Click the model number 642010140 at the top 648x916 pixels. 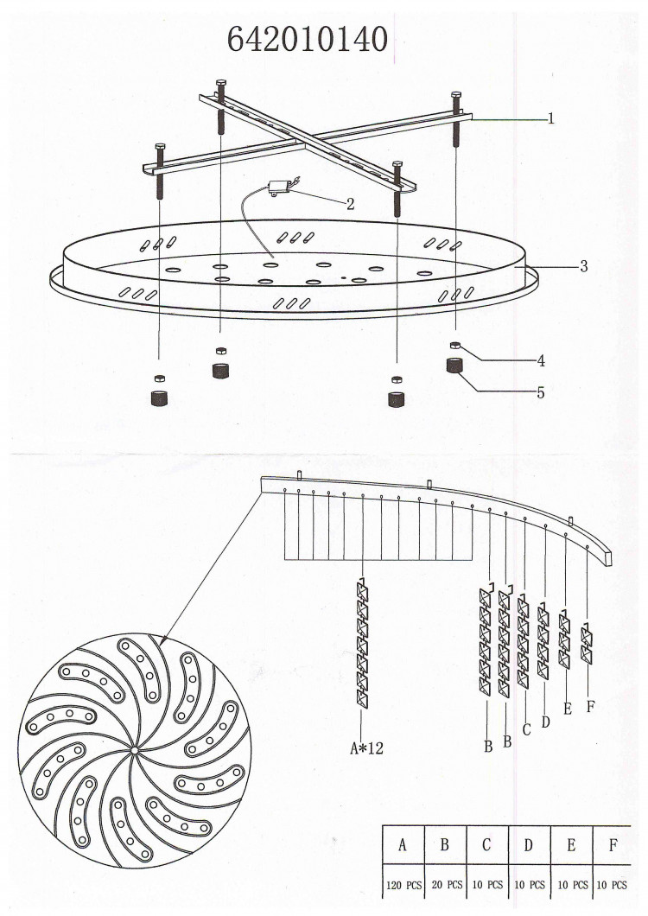pos(308,40)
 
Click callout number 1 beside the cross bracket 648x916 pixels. pos(550,118)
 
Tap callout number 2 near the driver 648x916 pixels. pos(351,204)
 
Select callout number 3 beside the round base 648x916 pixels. pos(584,266)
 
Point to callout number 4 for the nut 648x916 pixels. pos(541,361)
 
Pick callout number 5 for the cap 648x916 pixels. pos(541,392)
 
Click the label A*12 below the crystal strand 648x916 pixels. pos(367,747)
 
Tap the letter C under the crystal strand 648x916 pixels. pos(526,729)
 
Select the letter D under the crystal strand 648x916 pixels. pos(546,722)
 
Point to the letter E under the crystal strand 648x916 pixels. pos(568,709)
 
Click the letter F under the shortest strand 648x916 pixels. pos(590,707)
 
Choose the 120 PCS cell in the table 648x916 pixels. pos(403,885)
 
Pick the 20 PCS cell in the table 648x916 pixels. pos(447,885)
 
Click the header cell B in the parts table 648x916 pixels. pos(445,845)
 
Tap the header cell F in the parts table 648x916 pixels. pos(613,845)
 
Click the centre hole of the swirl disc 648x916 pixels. pos(135,749)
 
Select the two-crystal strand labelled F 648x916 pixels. pos(587,644)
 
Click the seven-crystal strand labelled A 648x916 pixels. pos(362,643)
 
